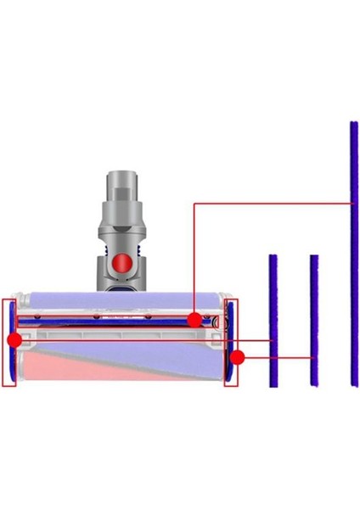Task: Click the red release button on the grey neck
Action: [x=125, y=264]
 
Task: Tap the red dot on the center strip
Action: [x=195, y=320]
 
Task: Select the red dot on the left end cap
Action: [x=14, y=340]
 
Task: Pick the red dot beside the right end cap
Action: [x=238, y=357]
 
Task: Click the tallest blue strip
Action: [x=353, y=255]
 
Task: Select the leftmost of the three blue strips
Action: [x=273, y=321]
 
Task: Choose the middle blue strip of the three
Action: [x=314, y=321]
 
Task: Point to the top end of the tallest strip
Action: [x=353, y=125]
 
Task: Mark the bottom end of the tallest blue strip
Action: [x=353, y=384]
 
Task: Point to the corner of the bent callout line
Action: [x=195, y=204]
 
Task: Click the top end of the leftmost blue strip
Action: [x=273, y=256]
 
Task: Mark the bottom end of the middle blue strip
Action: [x=314, y=384]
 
